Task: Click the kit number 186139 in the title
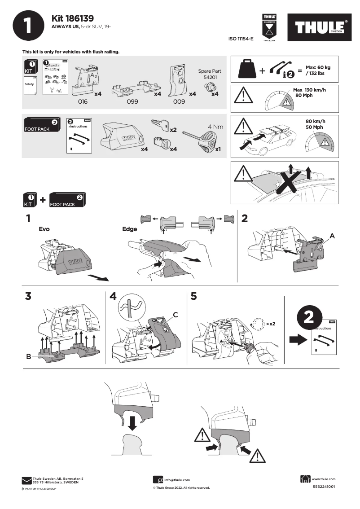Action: (x=79, y=18)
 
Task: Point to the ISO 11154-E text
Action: (x=241, y=39)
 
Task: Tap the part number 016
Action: (x=83, y=102)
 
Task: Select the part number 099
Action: (x=132, y=102)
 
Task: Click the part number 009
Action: (x=179, y=102)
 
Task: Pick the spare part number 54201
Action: (x=209, y=77)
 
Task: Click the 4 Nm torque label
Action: (x=215, y=127)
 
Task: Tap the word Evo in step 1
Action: (x=44, y=229)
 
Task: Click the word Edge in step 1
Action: (x=129, y=229)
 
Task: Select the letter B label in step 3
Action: (x=28, y=357)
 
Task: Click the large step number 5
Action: (x=193, y=296)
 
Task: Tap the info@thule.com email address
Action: (x=177, y=480)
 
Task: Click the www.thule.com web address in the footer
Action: (x=323, y=479)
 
